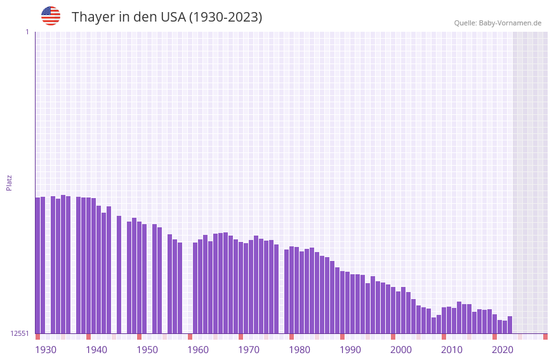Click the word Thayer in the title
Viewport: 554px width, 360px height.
[x=93, y=17]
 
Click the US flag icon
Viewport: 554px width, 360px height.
[x=51, y=16]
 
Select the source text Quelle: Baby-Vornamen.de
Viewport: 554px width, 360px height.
[x=498, y=23]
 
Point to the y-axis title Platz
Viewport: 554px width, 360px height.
[x=9, y=182]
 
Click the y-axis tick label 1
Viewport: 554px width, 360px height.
[x=27, y=32]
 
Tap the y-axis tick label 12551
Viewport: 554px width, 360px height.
[x=20, y=333]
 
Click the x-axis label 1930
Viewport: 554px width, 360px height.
[x=46, y=350]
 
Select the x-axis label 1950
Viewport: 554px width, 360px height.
[x=147, y=350]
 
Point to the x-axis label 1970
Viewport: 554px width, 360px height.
[x=249, y=350]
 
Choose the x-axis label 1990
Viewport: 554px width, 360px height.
[x=350, y=350]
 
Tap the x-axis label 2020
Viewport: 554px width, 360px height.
[x=503, y=350]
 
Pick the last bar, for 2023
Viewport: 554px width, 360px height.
[x=510, y=324]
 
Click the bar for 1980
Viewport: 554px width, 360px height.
[x=291, y=290]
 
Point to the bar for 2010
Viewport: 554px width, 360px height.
[x=444, y=320]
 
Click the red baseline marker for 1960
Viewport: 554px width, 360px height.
[x=190, y=337]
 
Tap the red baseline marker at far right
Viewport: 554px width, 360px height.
[x=545, y=337]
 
